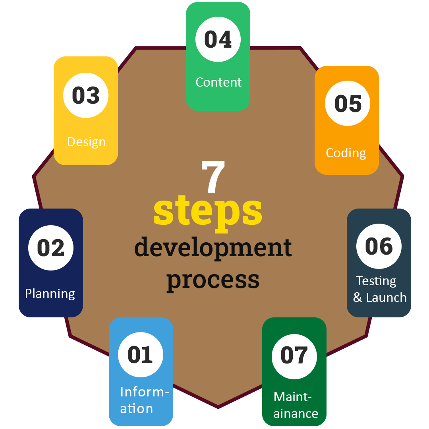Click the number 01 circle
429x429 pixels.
click(141, 354)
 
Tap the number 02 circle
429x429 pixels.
click(51, 248)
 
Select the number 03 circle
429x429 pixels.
click(86, 95)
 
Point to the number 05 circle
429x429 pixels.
click(348, 103)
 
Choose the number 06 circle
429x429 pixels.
click(379, 246)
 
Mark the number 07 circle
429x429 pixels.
click(294, 355)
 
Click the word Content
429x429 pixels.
click(218, 82)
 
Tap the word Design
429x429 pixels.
click(86, 142)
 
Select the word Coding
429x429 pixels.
click(346, 153)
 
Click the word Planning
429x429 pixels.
click(50, 294)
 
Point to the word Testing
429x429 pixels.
click(376, 281)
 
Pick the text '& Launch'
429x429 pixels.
click(380, 298)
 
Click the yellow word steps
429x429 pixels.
click(208, 211)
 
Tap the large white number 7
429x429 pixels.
click(213, 176)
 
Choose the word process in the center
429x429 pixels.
click(213, 279)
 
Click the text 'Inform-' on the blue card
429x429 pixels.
click(145, 392)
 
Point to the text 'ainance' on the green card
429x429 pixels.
click(296, 414)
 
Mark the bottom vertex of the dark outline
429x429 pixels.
click(218, 407)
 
